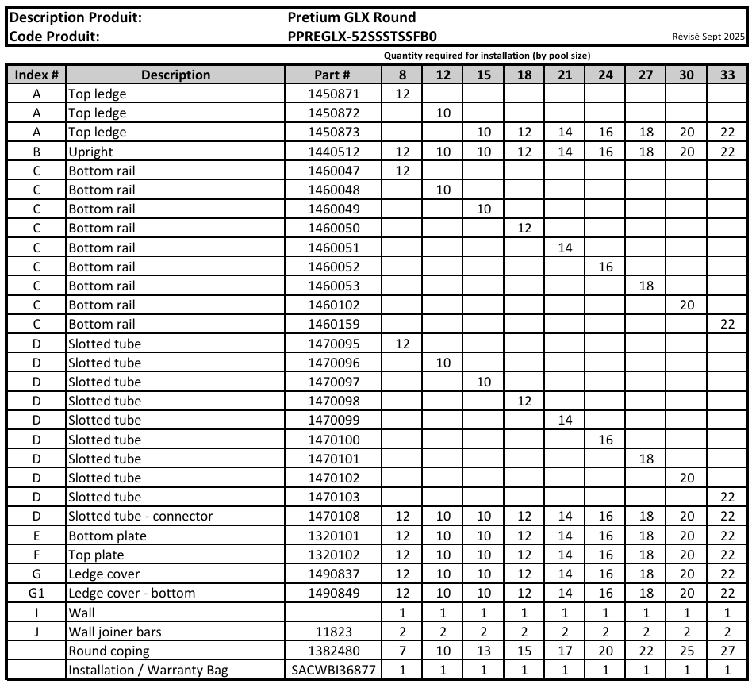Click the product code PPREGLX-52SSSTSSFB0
click(363, 36)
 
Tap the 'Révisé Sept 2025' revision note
click(708, 37)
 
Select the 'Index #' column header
click(36, 75)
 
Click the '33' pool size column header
click(727, 75)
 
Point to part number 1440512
click(333, 152)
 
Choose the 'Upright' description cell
click(91, 152)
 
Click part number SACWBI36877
click(333, 671)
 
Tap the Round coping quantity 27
click(727, 651)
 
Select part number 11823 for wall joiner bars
click(333, 632)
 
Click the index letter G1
click(36, 594)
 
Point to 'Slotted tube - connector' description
click(140, 517)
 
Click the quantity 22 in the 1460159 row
click(727, 325)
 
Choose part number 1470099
click(333, 421)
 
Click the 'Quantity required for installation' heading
click(486, 56)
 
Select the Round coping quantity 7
click(402, 651)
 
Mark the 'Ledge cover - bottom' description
click(132, 594)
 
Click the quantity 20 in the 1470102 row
click(687, 478)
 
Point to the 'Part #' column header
click(333, 75)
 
